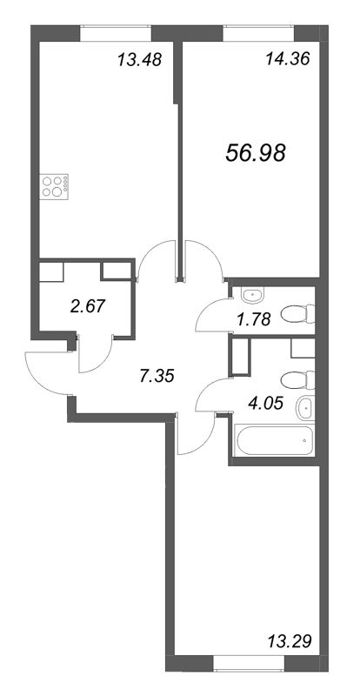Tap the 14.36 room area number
[x=286, y=60]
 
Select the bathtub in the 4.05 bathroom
[x=273, y=438]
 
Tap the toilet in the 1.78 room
[x=299, y=312]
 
